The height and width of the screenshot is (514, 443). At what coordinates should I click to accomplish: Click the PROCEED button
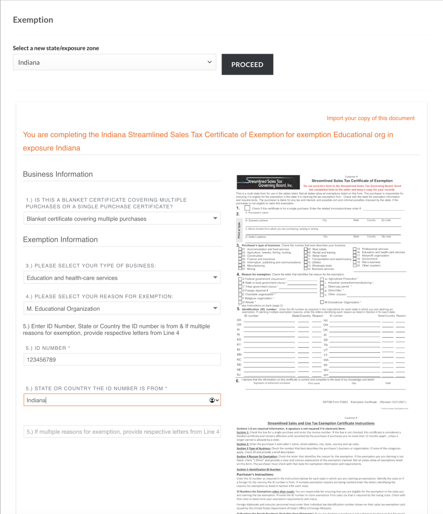click(247, 64)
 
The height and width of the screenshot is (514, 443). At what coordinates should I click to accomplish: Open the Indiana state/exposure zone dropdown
click(115, 63)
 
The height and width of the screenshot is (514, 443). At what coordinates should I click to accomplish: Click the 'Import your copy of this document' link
click(371, 118)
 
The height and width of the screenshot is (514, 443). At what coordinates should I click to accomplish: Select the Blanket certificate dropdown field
click(122, 218)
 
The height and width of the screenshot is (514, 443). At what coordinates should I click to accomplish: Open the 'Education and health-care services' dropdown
click(122, 278)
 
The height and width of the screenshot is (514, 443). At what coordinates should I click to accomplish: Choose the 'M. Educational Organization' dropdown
click(122, 309)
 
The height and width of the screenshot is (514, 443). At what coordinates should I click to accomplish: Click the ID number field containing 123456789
click(122, 359)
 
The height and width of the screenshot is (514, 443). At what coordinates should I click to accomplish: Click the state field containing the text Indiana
click(116, 400)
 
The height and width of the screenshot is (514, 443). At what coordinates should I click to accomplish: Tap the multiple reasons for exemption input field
click(122, 432)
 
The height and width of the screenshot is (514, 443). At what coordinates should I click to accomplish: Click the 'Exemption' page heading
click(33, 20)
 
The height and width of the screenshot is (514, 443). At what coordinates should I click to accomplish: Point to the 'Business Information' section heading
click(58, 174)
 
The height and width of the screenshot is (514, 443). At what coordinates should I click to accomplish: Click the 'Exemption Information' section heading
click(60, 239)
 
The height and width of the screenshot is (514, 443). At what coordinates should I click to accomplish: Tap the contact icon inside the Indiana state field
click(212, 400)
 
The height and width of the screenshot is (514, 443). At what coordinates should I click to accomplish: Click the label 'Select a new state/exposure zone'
click(56, 48)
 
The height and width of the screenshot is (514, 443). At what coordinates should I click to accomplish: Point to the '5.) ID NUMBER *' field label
click(48, 348)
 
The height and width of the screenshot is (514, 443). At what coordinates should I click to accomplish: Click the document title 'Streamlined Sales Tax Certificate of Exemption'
click(352, 181)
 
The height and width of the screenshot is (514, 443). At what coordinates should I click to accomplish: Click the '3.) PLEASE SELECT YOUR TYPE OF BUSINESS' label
click(90, 265)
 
